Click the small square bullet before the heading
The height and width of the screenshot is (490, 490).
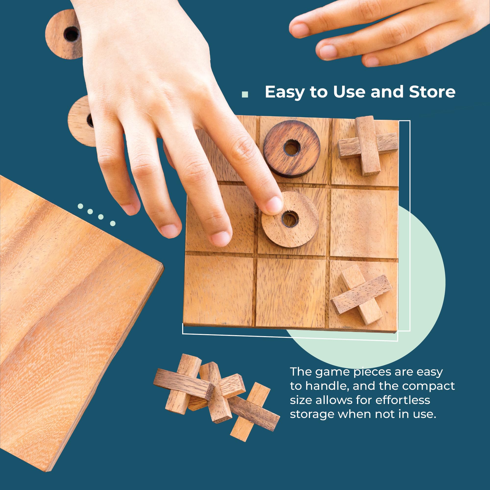coord(245,94)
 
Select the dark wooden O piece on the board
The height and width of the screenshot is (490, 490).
coord(292,149)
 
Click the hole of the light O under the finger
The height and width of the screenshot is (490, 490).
coord(290,220)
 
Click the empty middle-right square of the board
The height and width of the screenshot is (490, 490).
coord(364,223)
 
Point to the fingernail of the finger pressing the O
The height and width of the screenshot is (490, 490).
coord(274,205)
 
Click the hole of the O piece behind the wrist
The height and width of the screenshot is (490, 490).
coord(72,34)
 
